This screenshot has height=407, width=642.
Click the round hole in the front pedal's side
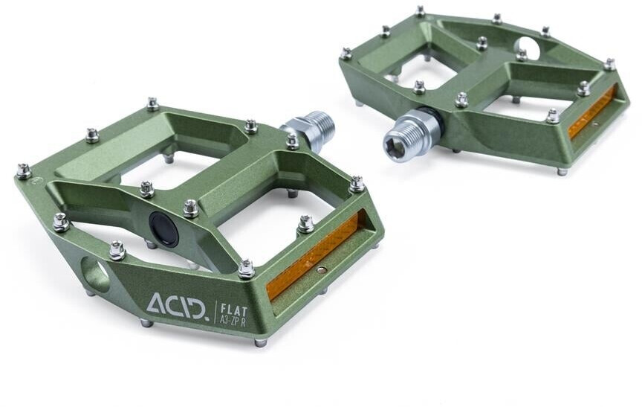click(x=95, y=275)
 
